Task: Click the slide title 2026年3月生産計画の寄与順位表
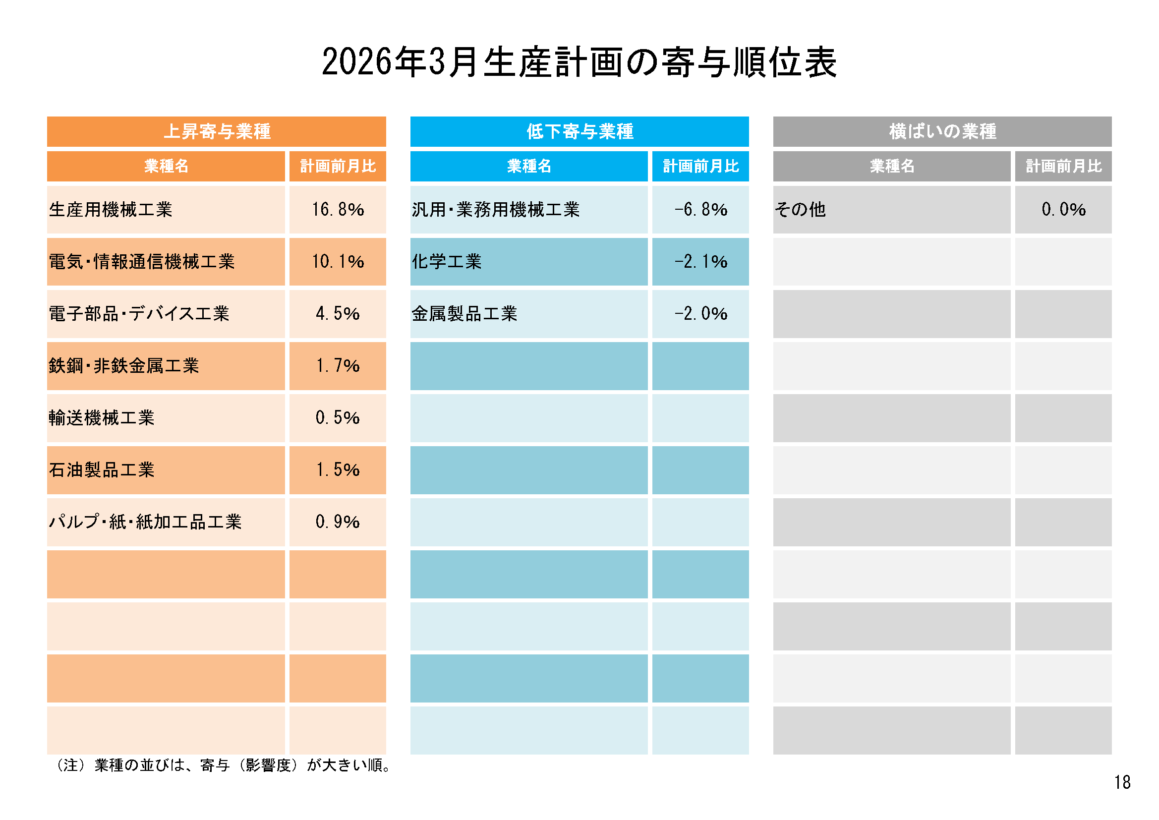(579, 62)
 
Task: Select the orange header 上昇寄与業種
(217, 132)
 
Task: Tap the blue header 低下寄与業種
(579, 132)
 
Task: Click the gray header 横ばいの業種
(942, 132)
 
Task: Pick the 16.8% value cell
(338, 210)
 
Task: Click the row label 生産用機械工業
(111, 210)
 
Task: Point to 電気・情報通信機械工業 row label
(142, 262)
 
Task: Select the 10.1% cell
(338, 262)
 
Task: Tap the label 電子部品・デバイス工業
(139, 313)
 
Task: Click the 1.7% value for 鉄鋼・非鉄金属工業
(338, 365)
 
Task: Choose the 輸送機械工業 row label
(102, 418)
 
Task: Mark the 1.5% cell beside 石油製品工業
(338, 470)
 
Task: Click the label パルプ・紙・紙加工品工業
(145, 522)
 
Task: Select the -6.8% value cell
(700, 210)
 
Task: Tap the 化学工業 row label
(447, 262)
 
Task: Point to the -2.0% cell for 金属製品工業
(700, 313)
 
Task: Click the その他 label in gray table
(800, 210)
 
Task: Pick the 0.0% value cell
(1063, 210)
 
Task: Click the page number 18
(1122, 782)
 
